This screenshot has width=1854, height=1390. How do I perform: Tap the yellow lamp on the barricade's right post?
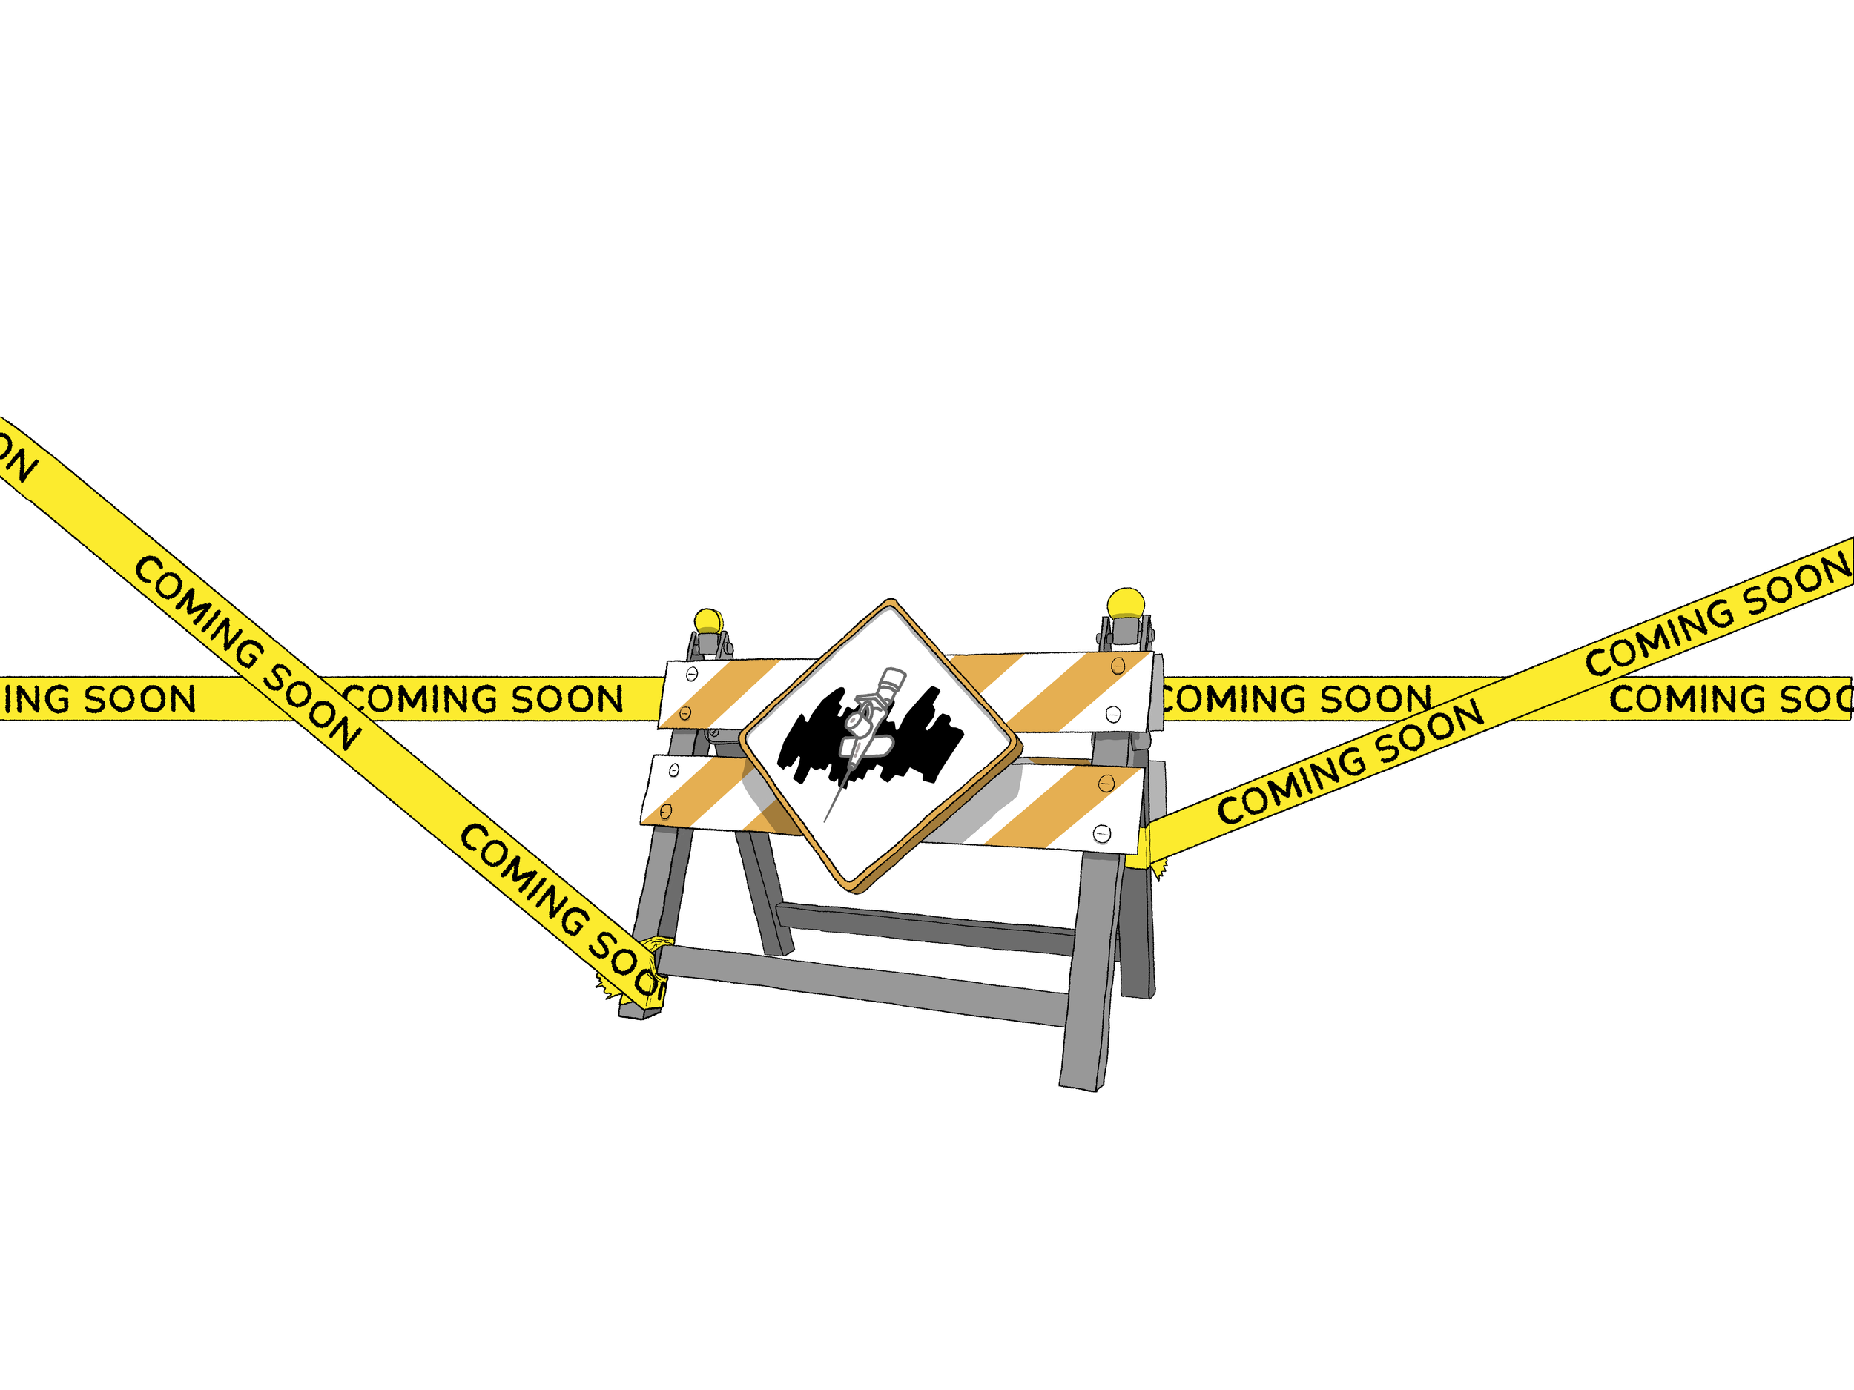tap(1126, 603)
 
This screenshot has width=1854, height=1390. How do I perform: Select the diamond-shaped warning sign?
tap(880, 746)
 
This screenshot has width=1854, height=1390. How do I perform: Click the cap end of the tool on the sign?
tap(893, 675)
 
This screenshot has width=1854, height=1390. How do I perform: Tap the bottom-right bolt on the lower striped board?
tap(1101, 833)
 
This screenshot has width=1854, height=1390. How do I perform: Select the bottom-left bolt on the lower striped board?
tap(667, 811)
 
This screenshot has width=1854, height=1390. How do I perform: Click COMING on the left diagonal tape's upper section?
tap(197, 612)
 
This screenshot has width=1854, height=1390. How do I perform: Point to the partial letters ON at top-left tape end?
tap(17, 461)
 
